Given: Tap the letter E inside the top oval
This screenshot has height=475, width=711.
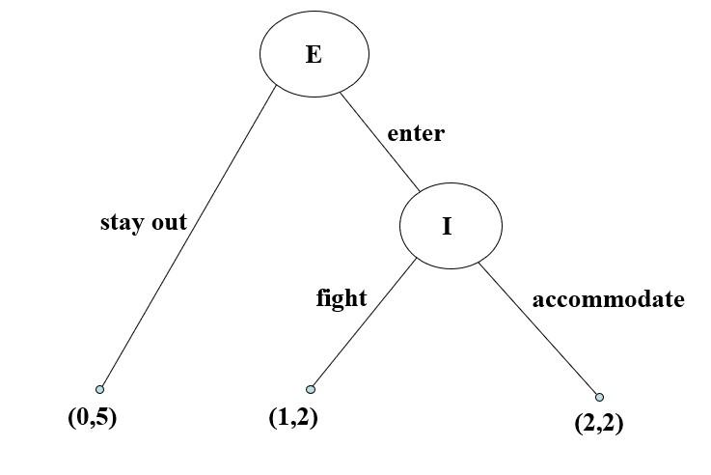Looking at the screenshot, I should [314, 54].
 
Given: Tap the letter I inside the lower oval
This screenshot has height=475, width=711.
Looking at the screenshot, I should [447, 227].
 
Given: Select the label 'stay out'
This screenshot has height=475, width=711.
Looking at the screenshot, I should [144, 222].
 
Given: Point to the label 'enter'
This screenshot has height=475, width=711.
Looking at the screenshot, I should [416, 133].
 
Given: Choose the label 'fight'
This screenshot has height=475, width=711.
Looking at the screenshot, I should [342, 298].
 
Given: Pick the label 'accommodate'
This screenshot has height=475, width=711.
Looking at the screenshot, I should [608, 299].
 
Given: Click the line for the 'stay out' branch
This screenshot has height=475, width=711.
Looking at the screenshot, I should [188, 237].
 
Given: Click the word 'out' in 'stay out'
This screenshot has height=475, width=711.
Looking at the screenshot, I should [169, 222].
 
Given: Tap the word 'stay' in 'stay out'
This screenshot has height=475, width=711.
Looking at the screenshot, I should [123, 223].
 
